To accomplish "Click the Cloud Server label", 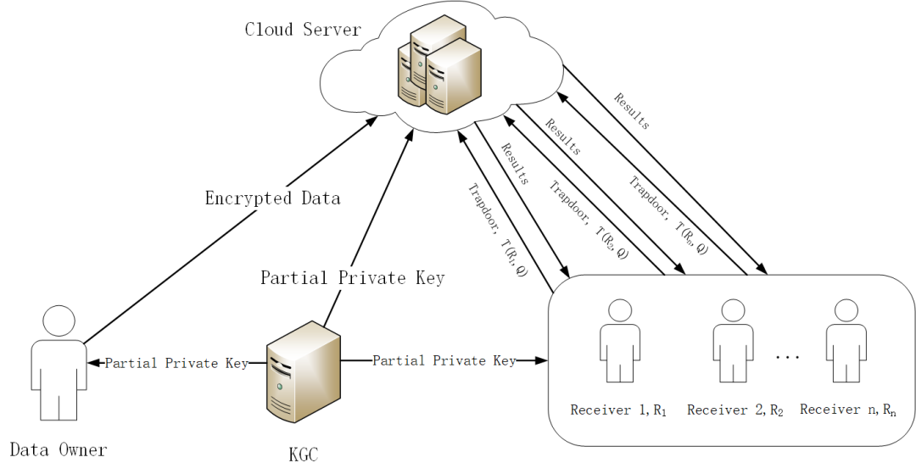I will tap(303, 30).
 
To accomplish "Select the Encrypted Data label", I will tap(272, 198).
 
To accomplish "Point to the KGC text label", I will tap(304, 454).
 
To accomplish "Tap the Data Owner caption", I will tap(59, 449).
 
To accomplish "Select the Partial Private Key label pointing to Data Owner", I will tap(176, 363).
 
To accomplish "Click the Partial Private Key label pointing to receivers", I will tap(444, 360).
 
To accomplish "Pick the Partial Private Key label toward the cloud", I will tap(352, 277).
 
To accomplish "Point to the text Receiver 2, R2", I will tap(734, 410).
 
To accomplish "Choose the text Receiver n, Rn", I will tap(847, 410).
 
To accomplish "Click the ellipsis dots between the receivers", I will tap(788, 357).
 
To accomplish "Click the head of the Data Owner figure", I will tap(59, 322).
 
